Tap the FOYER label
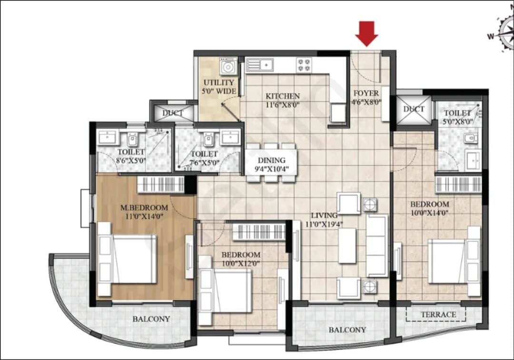click(x=366, y=93)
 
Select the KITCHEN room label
click(x=283, y=96)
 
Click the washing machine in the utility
click(x=228, y=67)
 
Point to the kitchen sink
click(x=260, y=64)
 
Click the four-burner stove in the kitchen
click(x=304, y=65)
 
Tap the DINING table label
click(x=271, y=160)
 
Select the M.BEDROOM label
click(x=145, y=207)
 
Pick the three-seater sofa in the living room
click(x=377, y=245)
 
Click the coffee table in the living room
click(x=347, y=245)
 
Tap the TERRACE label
click(x=438, y=314)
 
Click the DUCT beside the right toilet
click(x=414, y=109)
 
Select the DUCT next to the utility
click(x=173, y=113)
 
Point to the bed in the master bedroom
click(x=128, y=259)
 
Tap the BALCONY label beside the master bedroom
click(x=151, y=319)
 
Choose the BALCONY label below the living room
click(x=347, y=330)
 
